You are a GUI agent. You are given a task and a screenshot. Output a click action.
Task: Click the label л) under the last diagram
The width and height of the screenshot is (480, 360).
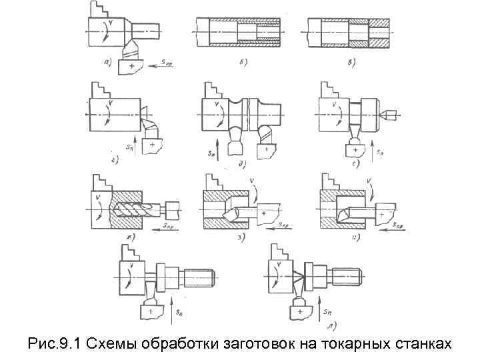pos(331,326)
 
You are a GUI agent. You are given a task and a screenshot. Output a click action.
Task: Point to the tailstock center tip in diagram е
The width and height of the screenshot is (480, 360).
pos(390,115)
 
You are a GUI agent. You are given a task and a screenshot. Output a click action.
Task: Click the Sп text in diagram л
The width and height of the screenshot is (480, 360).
pos(328,312)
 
